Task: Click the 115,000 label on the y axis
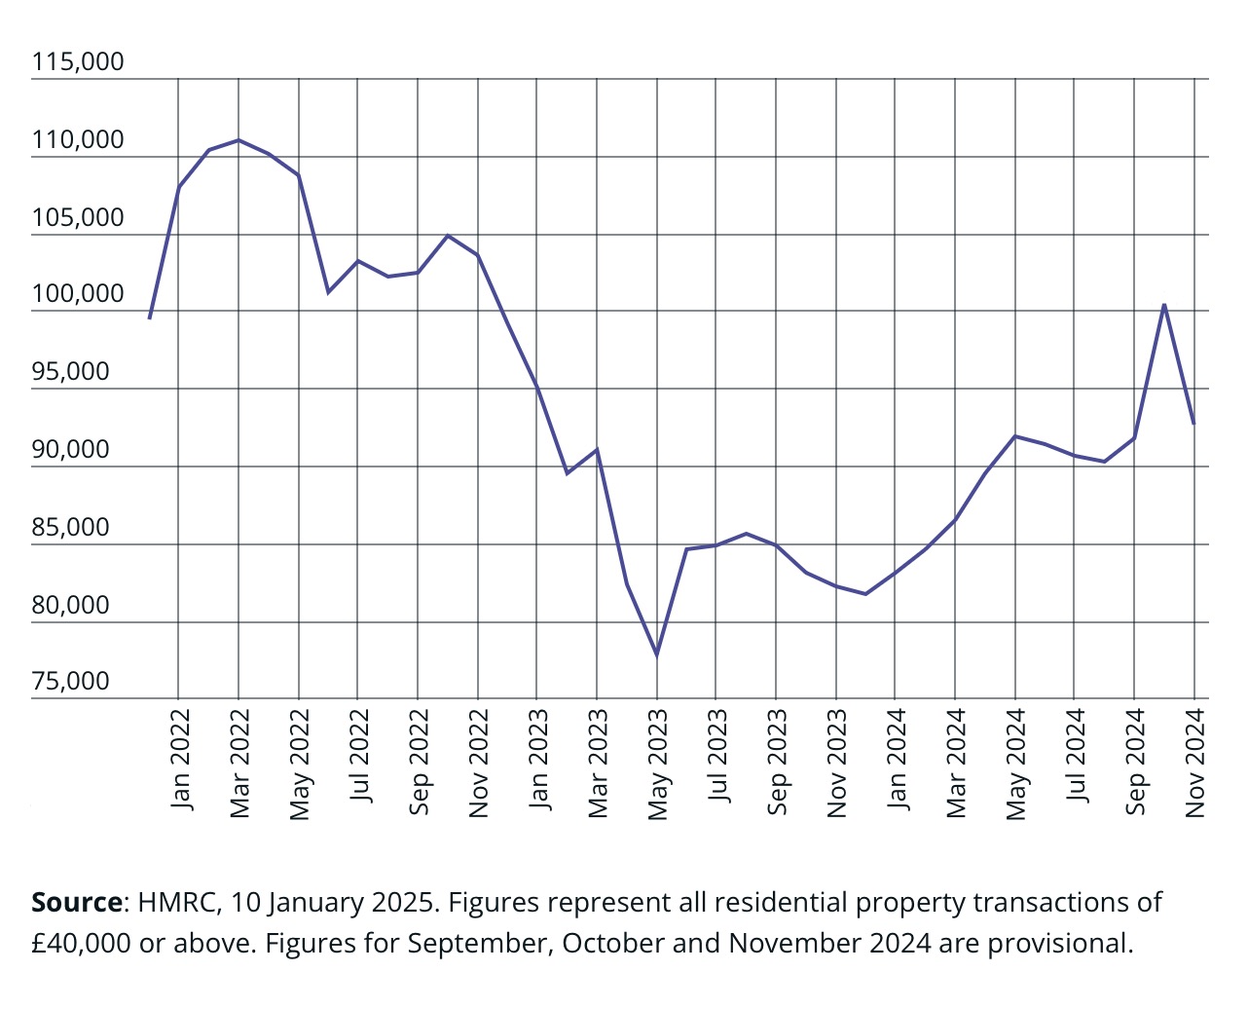tap(78, 62)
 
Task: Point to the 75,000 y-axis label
tap(71, 681)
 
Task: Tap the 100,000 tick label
tap(78, 293)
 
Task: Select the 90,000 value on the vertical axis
tap(71, 449)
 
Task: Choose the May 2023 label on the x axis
tap(658, 765)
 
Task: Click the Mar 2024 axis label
tap(956, 765)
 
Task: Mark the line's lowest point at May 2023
tap(657, 655)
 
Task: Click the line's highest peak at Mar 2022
tap(239, 140)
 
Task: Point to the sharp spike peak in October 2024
tap(1164, 305)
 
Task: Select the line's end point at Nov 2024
tap(1193, 424)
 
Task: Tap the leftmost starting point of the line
tap(149, 318)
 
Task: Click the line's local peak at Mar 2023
tap(597, 449)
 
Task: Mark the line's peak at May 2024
tap(1015, 436)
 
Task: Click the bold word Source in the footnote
tap(77, 902)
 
